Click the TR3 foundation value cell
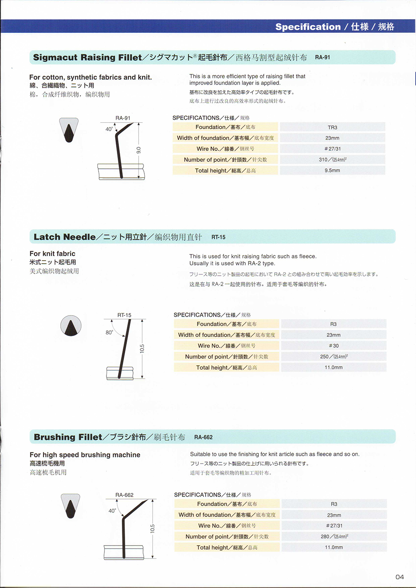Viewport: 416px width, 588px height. click(332, 127)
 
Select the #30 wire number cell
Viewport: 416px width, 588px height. click(334, 346)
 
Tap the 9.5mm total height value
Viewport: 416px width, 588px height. click(332, 170)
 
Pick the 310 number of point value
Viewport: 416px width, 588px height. click(332, 160)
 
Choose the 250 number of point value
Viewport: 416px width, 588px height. click(334, 357)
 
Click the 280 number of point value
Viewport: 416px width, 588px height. click(334, 537)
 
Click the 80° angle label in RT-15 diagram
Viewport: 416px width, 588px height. click(109, 332)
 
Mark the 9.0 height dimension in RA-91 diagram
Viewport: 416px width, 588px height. click(139, 150)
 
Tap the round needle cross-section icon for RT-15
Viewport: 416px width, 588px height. click(71, 326)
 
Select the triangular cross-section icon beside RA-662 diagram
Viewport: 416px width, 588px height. click(70, 506)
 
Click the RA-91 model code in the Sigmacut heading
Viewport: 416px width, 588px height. click(322, 57)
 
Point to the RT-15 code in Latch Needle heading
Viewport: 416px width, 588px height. click(218, 237)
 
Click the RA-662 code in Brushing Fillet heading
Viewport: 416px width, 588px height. click(203, 437)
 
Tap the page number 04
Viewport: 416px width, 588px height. click(399, 577)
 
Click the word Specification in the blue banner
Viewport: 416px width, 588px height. click(308, 27)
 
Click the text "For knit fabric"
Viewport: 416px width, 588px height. click(52, 254)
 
